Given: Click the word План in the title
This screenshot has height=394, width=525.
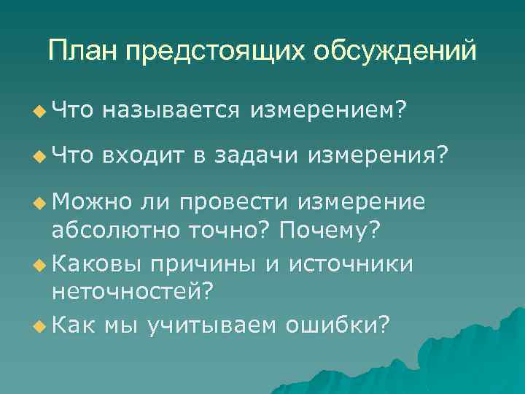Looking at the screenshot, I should (82, 51).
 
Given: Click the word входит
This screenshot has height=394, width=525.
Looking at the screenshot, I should (142, 155).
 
